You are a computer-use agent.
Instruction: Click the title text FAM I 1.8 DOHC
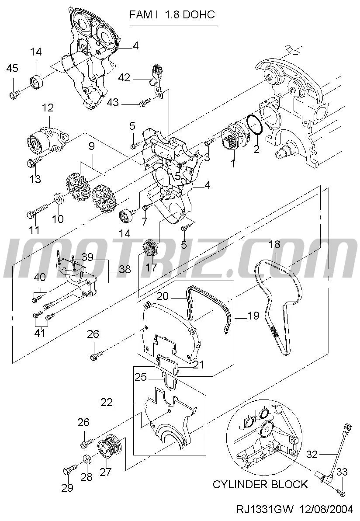172,15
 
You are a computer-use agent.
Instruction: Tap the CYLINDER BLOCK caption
260,484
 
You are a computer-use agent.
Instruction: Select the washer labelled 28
87,458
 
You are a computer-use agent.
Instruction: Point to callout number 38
125,270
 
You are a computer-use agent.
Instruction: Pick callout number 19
253,315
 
